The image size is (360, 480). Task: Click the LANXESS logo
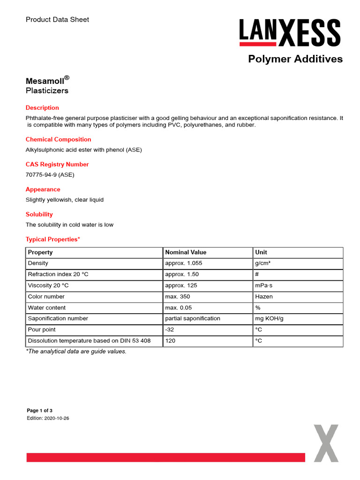290,33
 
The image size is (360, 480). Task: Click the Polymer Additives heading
295,59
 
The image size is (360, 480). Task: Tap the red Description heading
42,108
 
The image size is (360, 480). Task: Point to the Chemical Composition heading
58,139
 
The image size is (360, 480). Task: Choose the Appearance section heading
43,189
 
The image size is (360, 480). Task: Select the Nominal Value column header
186,252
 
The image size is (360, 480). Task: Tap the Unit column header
261,252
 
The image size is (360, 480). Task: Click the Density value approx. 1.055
184,263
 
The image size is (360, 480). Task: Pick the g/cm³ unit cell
262,263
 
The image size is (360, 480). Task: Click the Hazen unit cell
264,297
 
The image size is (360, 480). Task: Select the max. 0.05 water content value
179,307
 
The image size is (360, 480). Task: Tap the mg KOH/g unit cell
270,319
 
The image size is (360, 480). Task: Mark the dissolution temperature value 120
170,341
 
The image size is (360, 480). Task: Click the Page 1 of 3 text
40,411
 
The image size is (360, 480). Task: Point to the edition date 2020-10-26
57,418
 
